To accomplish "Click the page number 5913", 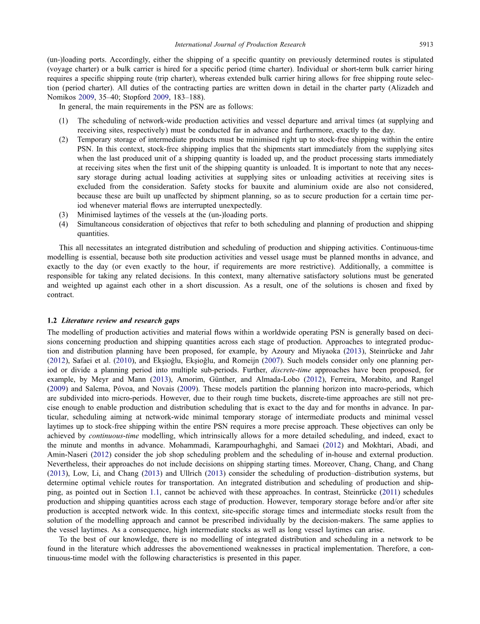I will click(426, 44).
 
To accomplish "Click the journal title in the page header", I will click(240, 44).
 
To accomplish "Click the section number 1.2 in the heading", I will click(52, 321).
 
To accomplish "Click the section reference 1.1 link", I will click(154, 492).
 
